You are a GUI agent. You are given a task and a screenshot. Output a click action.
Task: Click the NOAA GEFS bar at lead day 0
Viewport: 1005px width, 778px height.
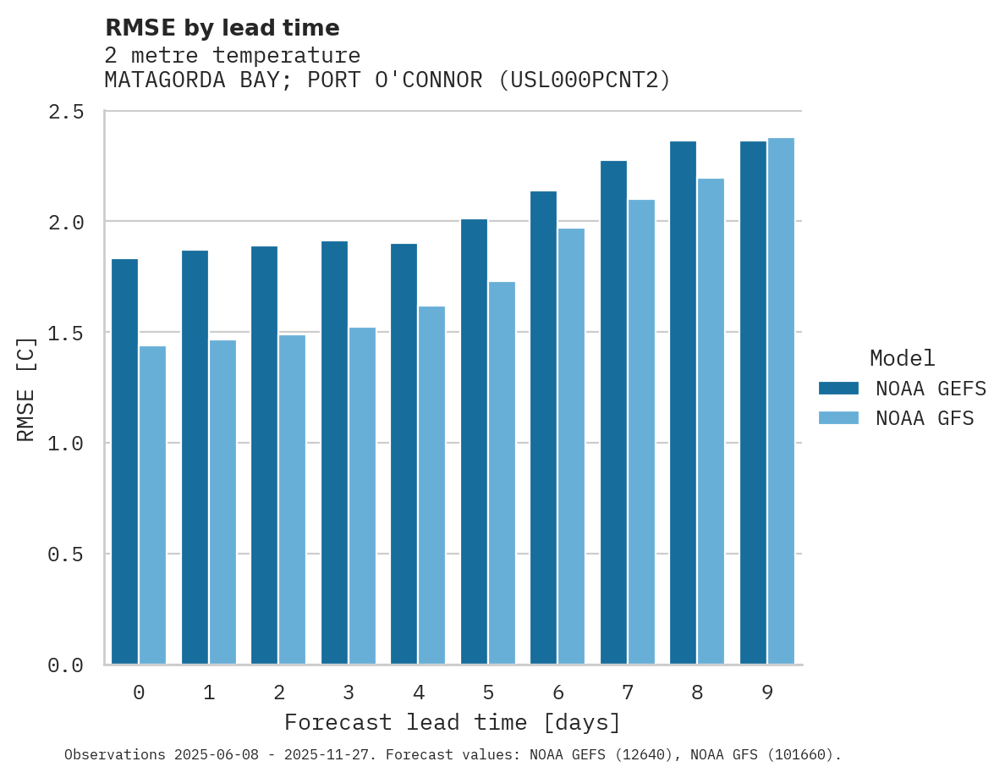pos(124,461)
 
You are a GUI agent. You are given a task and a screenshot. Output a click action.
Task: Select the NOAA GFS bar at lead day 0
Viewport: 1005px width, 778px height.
pos(152,505)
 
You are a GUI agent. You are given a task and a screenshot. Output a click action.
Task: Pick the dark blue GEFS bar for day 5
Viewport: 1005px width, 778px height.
pos(474,441)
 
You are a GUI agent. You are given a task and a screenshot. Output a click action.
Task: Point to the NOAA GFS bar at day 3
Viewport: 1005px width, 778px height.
pos(362,495)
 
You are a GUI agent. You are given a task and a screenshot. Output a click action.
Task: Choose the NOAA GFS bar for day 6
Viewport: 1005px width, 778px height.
pos(571,446)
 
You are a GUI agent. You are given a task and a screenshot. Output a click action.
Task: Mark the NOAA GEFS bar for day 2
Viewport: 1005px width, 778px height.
pos(264,455)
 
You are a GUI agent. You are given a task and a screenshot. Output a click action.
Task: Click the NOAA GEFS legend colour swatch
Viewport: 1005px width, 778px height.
pos(838,389)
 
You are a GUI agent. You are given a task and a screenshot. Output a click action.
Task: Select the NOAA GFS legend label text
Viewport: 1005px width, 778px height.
pos(925,418)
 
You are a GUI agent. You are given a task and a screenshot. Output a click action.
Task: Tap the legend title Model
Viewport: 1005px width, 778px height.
pos(902,358)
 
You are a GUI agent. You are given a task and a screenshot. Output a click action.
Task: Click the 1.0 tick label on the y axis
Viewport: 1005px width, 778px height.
pos(65,444)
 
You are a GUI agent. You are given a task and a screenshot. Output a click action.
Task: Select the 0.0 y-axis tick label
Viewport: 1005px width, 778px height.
pos(65,666)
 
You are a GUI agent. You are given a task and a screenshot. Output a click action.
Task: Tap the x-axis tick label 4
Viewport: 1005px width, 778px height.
pos(418,692)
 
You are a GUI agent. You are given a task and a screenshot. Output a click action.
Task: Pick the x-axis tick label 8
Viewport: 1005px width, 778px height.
pos(697,692)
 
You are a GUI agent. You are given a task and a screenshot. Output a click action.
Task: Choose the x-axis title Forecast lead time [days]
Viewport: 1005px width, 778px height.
pos(453,722)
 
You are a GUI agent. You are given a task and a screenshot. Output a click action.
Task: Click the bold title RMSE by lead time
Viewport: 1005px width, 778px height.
pos(222,28)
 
